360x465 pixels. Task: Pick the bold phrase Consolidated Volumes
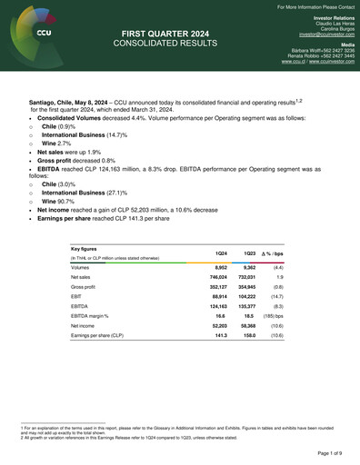70,120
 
